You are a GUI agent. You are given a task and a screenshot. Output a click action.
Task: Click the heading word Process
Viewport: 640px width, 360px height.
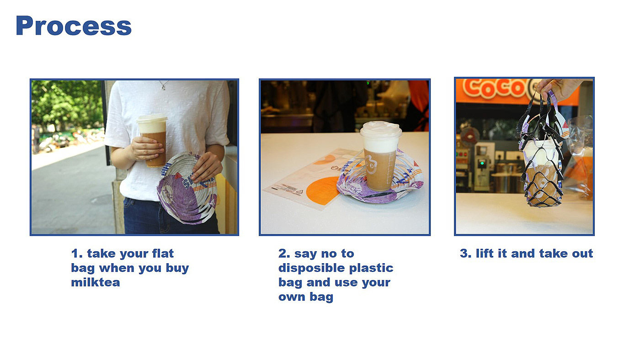pyautogui.click(x=74, y=26)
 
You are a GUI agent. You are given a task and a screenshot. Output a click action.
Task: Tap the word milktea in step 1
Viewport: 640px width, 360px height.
pyautogui.click(x=96, y=282)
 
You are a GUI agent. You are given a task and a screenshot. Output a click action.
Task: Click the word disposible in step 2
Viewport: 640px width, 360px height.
pyautogui.click(x=311, y=268)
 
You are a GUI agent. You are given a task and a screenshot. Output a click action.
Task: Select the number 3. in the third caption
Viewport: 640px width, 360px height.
pyautogui.click(x=465, y=254)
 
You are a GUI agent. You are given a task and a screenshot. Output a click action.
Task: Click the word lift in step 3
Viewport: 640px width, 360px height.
pyautogui.click(x=485, y=253)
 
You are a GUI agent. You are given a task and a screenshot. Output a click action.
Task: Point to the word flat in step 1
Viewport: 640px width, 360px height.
pyautogui.click(x=163, y=253)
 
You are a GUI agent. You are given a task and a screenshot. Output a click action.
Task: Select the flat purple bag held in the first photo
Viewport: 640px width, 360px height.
pyautogui.click(x=187, y=188)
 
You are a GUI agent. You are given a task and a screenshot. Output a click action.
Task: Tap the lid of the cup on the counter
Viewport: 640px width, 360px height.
pyautogui.click(x=380, y=129)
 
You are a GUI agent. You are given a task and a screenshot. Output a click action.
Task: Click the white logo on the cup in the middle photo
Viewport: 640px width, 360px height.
pyautogui.click(x=371, y=165)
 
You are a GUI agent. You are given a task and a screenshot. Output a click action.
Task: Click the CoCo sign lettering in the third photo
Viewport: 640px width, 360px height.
pyautogui.click(x=494, y=88)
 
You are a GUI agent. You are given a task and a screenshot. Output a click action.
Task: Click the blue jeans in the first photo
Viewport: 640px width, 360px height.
pyautogui.click(x=170, y=217)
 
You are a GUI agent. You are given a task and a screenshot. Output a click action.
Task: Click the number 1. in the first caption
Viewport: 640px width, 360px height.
pyautogui.click(x=77, y=254)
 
